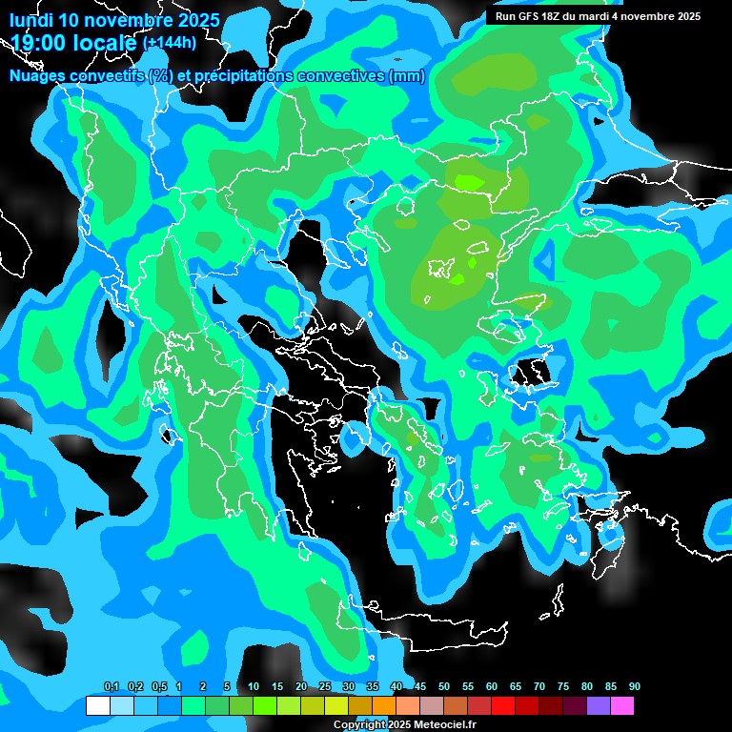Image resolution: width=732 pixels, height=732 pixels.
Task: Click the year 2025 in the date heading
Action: point(197,20)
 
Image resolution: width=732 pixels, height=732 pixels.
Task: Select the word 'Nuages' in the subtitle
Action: point(41,76)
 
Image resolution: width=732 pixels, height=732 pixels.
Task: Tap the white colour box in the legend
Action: point(98,706)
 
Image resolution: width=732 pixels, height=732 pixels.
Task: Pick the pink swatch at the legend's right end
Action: point(622,706)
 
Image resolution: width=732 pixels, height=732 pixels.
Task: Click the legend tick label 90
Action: point(634,687)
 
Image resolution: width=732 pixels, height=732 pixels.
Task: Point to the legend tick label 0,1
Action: point(111,687)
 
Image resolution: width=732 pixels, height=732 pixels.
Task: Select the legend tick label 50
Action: point(444,687)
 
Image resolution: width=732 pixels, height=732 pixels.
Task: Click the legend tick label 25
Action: point(325,687)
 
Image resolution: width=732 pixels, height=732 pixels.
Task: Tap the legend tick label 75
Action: point(563,687)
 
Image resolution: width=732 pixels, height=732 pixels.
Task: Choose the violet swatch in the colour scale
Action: point(599,706)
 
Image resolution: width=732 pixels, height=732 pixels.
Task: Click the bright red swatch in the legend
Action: point(503,706)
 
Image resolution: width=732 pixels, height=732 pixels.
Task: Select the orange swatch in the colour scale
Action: point(384,706)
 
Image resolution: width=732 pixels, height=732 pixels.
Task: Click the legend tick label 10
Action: point(254,687)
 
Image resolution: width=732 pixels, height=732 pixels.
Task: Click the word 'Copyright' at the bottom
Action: point(356,725)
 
